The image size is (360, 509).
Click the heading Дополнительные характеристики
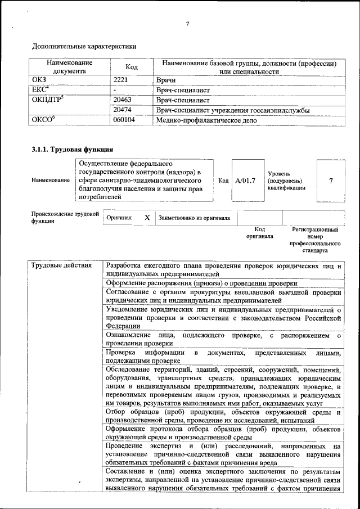84,46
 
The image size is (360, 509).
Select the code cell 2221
121,80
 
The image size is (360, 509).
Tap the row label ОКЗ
39,80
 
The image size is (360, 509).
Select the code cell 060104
124,120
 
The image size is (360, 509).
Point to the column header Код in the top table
132,67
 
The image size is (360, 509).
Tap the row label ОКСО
42,120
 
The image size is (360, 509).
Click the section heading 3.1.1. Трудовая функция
73,150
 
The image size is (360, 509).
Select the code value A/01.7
245,181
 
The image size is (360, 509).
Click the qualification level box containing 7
330,181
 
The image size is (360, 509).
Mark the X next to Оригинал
147,217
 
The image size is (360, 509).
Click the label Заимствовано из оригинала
193,218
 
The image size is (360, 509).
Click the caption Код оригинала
259,233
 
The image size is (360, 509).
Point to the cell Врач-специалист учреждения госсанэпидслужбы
233,110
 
